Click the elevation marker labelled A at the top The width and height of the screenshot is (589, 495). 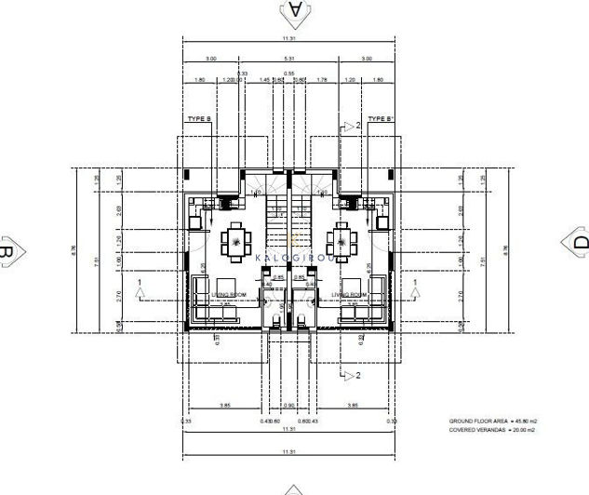tap(295, 10)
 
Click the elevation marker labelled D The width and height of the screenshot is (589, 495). tap(579, 243)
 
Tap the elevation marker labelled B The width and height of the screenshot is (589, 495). tap(7, 250)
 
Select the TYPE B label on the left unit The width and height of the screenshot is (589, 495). tap(199, 119)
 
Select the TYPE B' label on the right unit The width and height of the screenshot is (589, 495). tap(382, 119)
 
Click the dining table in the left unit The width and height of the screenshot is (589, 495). tap(234, 244)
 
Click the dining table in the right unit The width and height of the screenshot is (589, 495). tap(345, 244)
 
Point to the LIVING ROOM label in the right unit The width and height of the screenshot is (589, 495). tap(348, 294)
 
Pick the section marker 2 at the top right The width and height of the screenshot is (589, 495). tap(352, 126)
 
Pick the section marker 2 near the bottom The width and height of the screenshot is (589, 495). tap(351, 375)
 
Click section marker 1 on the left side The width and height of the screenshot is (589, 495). tap(140, 284)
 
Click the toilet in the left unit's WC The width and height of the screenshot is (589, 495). tap(277, 323)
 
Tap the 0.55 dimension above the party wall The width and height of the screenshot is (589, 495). tap(288, 73)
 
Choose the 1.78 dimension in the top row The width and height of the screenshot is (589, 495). tap(321, 80)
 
